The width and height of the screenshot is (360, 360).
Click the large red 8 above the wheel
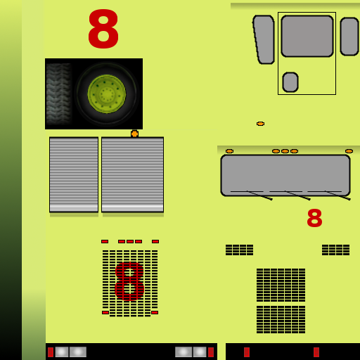[x=103, y=29]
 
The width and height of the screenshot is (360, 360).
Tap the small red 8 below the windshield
[x=314, y=218]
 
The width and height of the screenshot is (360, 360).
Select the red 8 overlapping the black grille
[x=129, y=281]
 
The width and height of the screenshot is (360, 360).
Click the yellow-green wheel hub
[x=107, y=94]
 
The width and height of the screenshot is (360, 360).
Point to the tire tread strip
[x=58, y=94]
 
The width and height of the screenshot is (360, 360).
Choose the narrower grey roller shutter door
[x=74, y=174]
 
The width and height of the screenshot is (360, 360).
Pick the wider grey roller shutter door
[x=132, y=174]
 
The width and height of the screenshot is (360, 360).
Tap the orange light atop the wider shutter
[x=134, y=134]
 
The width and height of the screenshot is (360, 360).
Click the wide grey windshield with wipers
[x=285, y=175]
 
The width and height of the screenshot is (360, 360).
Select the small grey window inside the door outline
[x=290, y=82]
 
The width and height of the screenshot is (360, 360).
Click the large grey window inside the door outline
[x=307, y=36]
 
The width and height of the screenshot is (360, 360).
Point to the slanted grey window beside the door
[x=264, y=39]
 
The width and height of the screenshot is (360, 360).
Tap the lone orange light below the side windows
[x=260, y=124]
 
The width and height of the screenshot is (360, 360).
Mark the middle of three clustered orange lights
[x=285, y=151]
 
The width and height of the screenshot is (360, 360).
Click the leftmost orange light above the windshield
[x=229, y=151]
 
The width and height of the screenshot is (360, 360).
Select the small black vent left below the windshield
[x=239, y=250]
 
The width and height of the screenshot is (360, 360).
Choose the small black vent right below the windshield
[x=335, y=250]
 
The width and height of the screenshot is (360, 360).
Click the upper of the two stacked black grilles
[x=281, y=285]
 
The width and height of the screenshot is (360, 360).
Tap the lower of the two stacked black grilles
[x=281, y=319]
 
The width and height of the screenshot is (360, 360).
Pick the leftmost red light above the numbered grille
[x=105, y=241]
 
